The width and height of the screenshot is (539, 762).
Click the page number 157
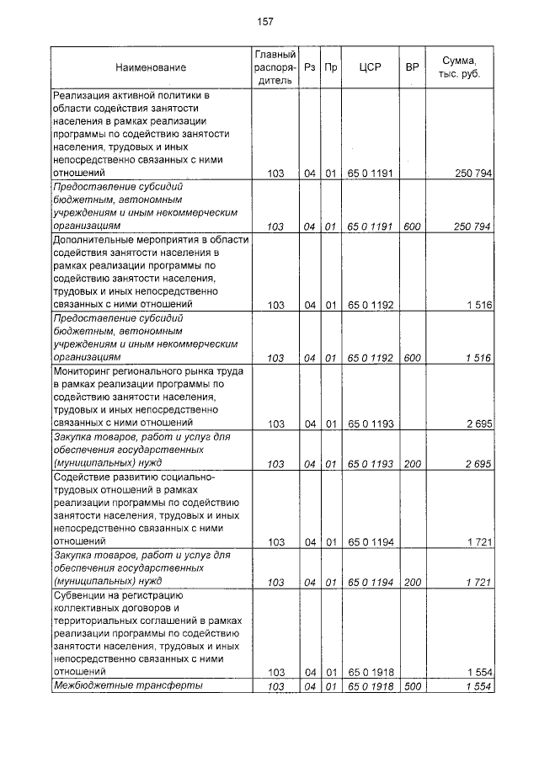coord(266,22)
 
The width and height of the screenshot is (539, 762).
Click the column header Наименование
coord(151,67)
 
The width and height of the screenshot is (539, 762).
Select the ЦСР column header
coord(371,67)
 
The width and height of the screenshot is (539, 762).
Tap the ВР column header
coord(413,67)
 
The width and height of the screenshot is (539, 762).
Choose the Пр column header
coord(331,67)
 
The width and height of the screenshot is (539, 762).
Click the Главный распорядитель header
coord(275,67)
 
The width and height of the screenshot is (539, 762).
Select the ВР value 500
coord(413,687)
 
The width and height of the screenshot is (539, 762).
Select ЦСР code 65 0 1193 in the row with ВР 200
coord(371,463)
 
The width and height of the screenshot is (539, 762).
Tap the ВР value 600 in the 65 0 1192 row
coord(413,358)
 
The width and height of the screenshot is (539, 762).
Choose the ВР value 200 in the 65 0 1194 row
coord(413,582)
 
